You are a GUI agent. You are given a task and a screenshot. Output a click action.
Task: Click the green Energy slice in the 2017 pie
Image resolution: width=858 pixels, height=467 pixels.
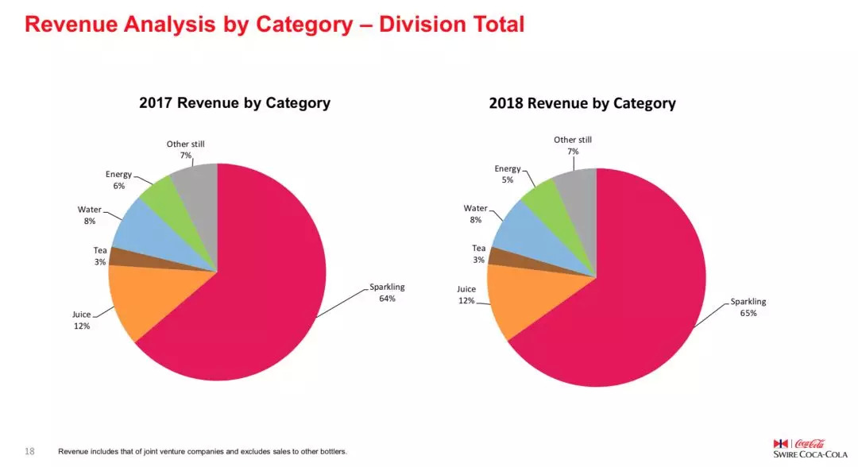[158, 189]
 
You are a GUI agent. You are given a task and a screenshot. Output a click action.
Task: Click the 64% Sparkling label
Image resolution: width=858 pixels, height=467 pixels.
[387, 292]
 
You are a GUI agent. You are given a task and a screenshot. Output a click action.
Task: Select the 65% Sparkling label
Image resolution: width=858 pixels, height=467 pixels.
[748, 307]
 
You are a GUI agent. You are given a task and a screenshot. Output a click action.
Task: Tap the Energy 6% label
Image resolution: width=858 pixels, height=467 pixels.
[118, 179]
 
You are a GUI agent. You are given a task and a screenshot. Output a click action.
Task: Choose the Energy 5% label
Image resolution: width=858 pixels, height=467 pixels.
[508, 174]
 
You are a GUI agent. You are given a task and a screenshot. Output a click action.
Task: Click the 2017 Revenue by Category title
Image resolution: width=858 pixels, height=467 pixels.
[234, 102]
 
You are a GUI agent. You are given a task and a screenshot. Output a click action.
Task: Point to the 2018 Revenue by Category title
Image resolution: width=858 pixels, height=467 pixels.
[582, 103]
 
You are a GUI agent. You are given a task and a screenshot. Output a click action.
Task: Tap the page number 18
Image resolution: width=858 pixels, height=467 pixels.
[30, 451]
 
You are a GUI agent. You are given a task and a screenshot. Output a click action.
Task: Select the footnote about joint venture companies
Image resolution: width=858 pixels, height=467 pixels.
[203, 452]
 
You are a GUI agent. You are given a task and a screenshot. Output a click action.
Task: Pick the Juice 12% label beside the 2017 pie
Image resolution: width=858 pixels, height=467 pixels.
[81, 320]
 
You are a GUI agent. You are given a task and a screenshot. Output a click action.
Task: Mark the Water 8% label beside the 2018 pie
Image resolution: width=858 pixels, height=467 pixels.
[475, 214]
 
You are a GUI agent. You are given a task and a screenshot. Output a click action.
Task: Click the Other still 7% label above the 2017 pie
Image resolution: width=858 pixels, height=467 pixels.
[186, 149]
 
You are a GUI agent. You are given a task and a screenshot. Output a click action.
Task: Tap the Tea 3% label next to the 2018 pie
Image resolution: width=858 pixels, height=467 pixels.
[478, 254]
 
